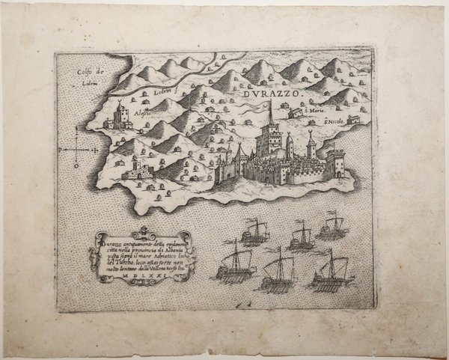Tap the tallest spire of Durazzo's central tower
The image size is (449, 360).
coord(269,112)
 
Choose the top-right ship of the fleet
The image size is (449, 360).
coord(329,228)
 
